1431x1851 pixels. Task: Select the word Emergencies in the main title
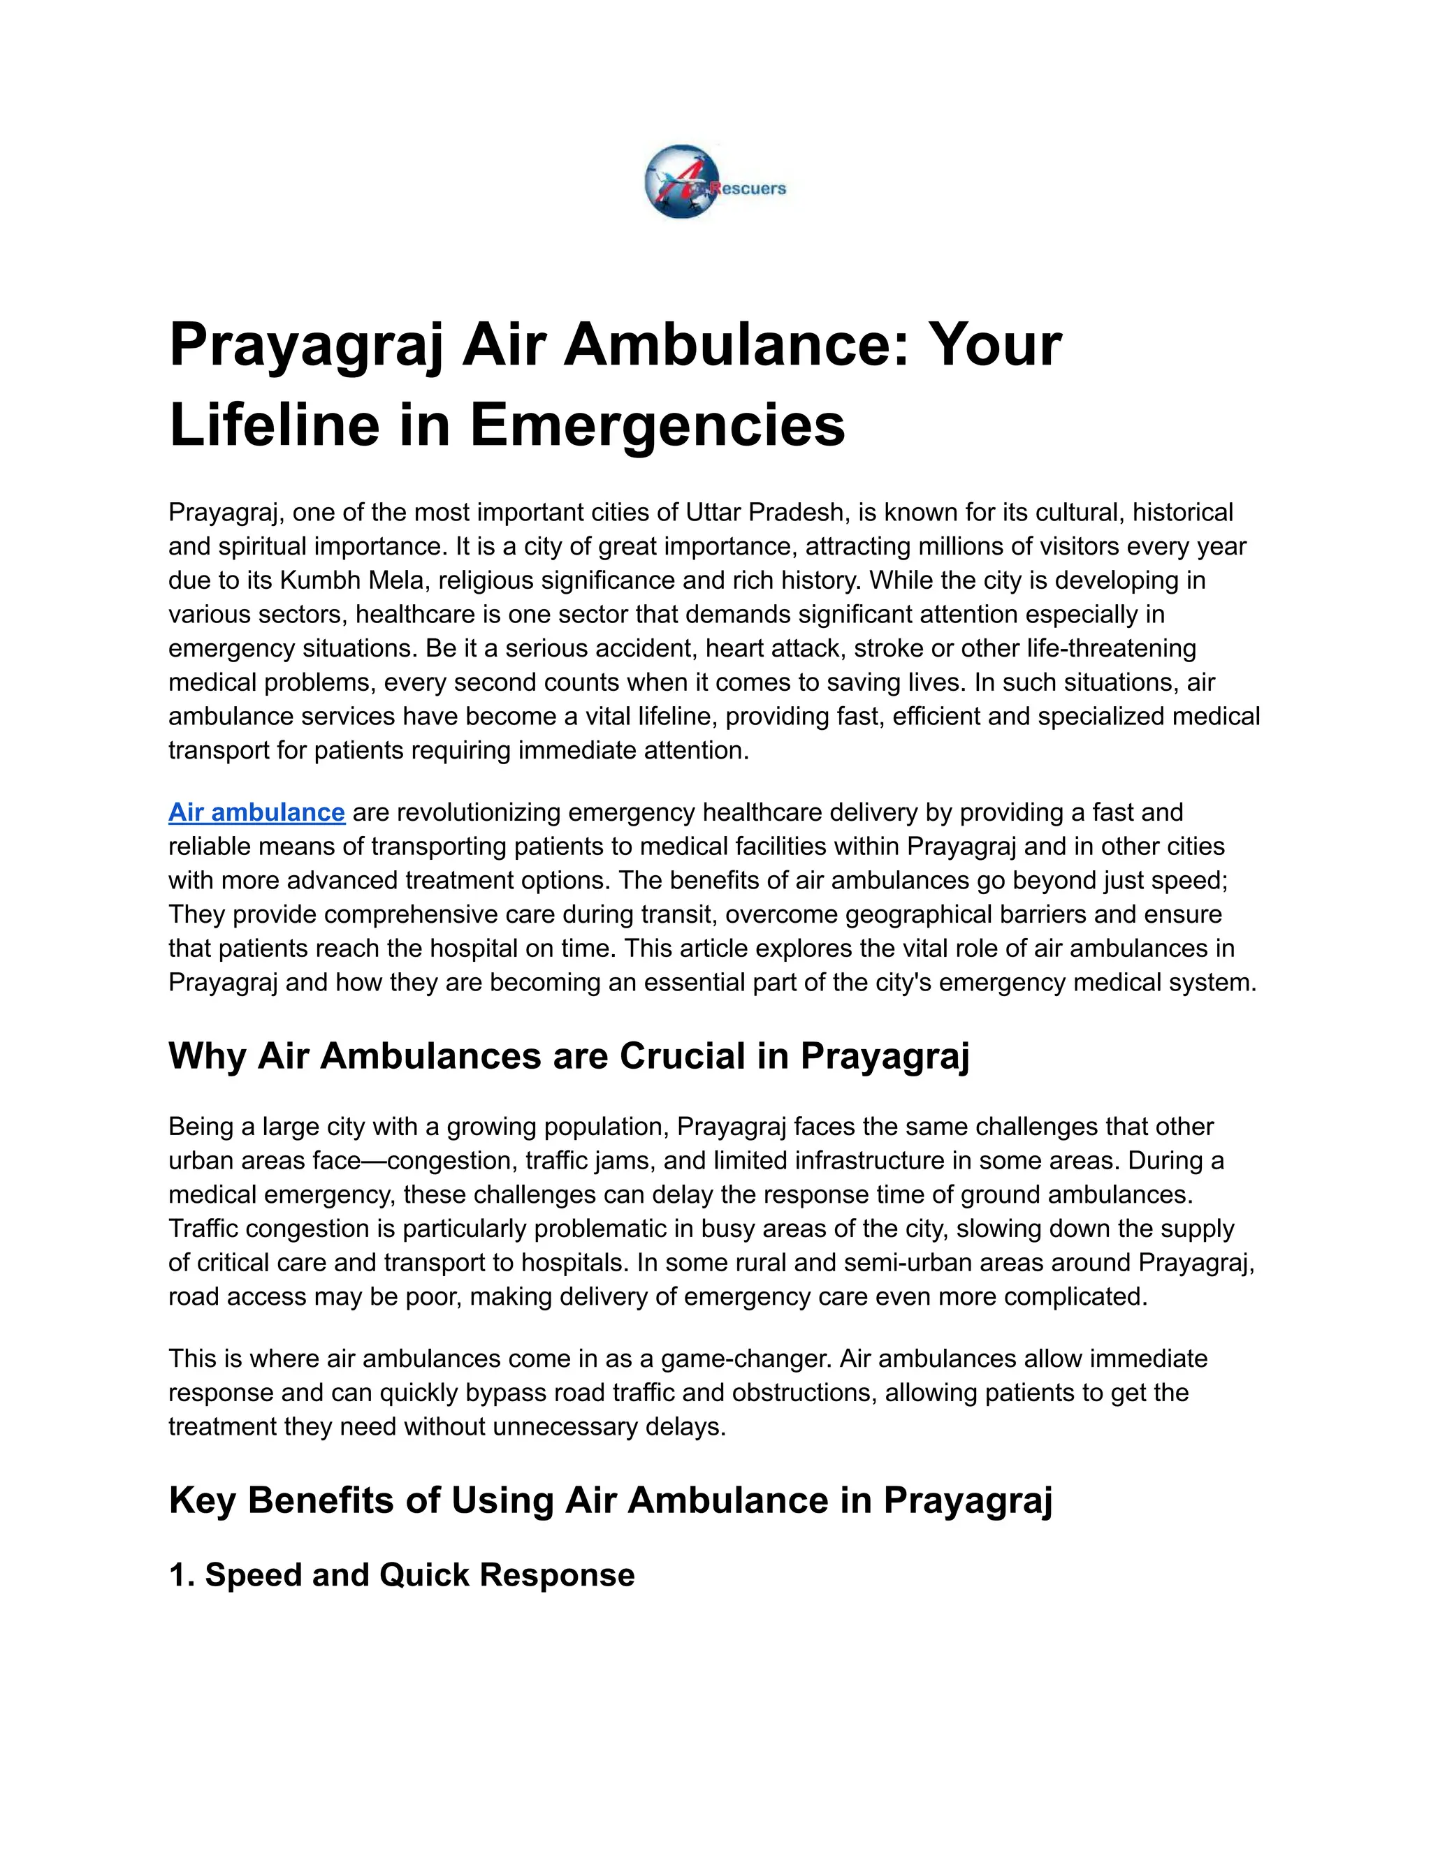pyautogui.click(x=657, y=425)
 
